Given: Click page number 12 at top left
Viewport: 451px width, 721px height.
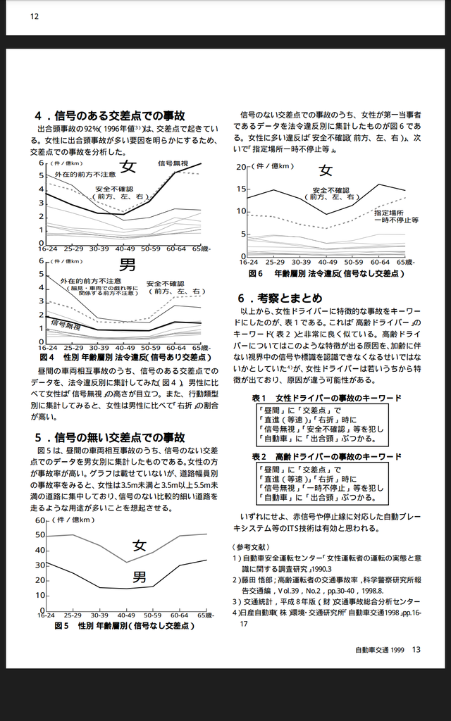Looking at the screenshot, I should tap(35, 18).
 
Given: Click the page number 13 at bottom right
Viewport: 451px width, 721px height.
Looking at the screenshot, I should tap(416, 650).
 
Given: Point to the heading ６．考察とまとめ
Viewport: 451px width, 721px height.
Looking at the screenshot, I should tap(280, 297).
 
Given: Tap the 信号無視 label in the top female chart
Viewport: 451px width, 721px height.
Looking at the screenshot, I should tap(173, 163).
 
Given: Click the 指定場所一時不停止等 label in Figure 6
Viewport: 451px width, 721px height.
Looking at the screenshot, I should tap(396, 216).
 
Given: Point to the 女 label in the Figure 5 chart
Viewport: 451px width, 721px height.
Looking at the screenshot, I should tap(140, 545).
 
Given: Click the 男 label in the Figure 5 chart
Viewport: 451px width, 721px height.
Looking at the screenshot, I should tap(140, 577).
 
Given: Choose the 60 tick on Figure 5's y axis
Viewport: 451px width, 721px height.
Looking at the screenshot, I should tap(40, 520).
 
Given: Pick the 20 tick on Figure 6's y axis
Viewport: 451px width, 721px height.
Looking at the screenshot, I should tap(242, 167).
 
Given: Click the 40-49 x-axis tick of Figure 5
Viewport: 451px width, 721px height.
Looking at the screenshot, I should tap(125, 615).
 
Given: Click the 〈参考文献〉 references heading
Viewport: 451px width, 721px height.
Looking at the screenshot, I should tap(251, 546).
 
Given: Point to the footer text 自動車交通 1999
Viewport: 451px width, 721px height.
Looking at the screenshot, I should tap(379, 650).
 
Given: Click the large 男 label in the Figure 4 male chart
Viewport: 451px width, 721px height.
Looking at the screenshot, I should tap(128, 265).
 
